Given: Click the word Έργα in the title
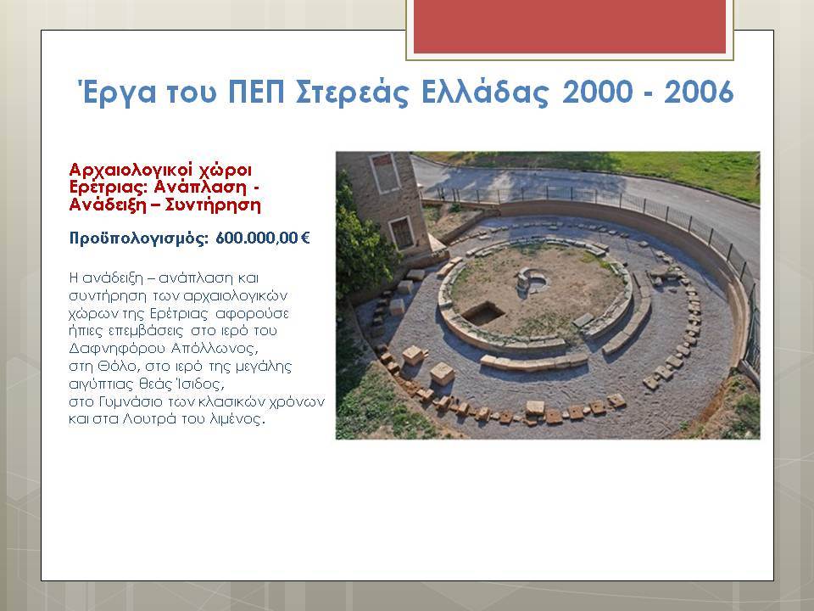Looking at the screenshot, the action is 117,92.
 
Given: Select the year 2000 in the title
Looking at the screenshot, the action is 597,92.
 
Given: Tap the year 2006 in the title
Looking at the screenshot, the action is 699,92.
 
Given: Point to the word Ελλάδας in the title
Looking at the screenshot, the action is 484,92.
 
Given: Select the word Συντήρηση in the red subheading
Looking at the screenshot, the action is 212,205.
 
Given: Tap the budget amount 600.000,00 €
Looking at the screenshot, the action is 263,238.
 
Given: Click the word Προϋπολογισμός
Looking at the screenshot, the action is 138,239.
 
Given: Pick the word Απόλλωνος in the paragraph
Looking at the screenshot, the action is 215,348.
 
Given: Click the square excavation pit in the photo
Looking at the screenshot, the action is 482,313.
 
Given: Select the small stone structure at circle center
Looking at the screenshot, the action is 530,281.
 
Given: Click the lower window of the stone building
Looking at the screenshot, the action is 402,233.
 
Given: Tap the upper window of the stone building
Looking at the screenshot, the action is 386,172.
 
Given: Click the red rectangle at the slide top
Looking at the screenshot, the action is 570,26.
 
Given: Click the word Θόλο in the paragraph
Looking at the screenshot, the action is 117,367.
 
